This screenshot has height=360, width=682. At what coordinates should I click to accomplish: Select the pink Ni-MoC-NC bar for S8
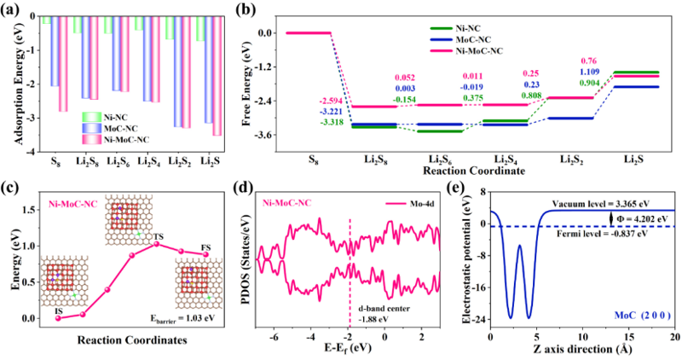pos(62,63)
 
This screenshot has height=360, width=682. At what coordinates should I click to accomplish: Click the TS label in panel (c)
pos(159,235)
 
